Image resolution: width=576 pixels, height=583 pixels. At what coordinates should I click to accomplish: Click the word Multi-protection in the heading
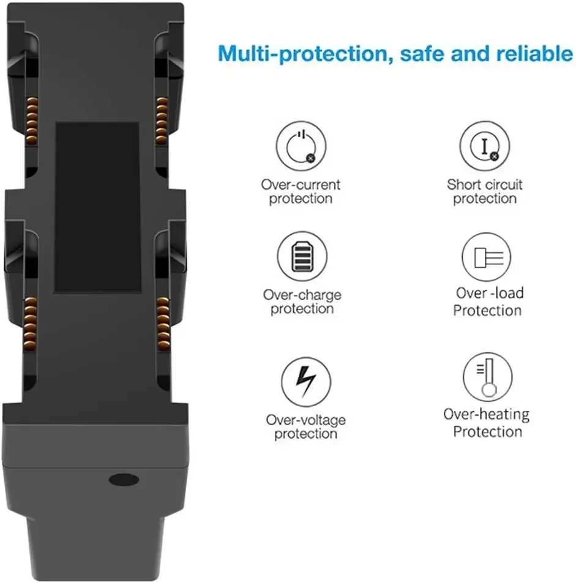point(303,54)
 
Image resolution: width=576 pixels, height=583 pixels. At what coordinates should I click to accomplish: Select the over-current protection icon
point(301,146)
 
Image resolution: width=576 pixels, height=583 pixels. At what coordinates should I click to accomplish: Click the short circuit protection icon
point(484,146)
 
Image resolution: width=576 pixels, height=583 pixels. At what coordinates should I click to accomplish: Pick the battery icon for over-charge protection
point(302,256)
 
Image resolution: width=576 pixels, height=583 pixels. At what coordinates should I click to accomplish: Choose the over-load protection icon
point(487,257)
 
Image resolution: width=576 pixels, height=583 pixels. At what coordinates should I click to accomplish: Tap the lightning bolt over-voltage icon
point(306,382)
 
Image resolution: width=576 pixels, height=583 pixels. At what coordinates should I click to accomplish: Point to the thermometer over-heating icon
point(487,377)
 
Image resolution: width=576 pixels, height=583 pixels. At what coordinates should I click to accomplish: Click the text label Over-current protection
point(301,191)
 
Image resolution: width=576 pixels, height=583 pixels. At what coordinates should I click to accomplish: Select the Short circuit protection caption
point(484,191)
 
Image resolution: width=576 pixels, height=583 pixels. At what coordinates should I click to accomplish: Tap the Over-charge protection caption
point(302,302)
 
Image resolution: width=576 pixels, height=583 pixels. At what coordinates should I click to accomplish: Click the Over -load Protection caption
point(488,302)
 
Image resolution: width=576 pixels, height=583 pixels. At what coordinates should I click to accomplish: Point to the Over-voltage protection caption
point(306,427)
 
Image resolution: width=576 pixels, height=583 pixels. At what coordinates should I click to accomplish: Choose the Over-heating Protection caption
point(487,423)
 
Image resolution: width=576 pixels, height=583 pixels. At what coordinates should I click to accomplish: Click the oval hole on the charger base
point(124,480)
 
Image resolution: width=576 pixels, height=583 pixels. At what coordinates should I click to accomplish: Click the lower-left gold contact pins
point(31,324)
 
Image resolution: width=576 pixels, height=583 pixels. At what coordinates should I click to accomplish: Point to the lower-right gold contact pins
point(163,324)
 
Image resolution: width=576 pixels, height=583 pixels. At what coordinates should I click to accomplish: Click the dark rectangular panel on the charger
point(97,207)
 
